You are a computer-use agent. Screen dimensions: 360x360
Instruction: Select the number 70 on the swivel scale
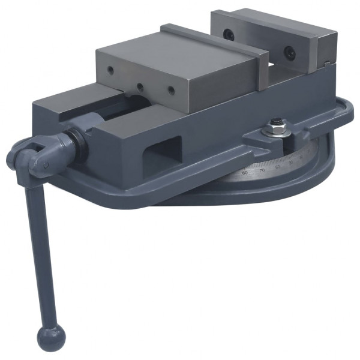pos(261,169)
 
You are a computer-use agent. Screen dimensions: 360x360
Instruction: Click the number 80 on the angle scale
pos(277,166)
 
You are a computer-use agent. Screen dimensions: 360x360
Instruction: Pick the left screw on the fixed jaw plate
pos(229,34)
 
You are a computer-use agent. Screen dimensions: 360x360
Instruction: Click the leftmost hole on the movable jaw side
pos(110,71)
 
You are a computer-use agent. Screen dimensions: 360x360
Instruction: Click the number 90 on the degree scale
pos(291,161)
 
